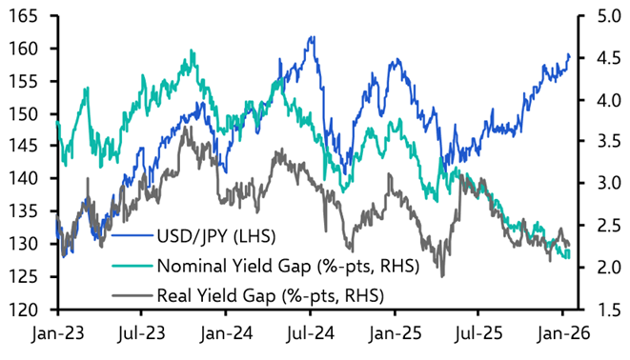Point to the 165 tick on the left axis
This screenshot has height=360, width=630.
24,16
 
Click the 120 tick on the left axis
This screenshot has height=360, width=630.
24,310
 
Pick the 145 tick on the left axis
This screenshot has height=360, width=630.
24,147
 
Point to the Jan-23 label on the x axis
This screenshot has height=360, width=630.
57,335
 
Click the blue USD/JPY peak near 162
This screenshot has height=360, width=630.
312,38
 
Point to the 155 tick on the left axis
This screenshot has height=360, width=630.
24,82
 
